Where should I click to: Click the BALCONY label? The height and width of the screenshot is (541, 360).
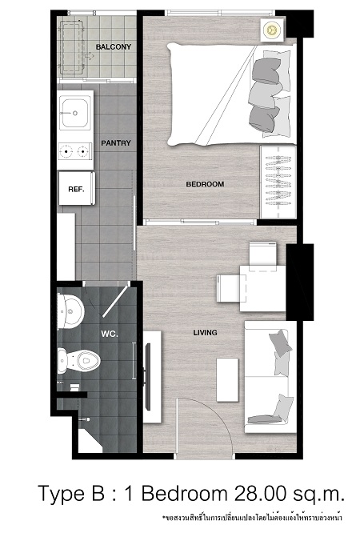(x=114, y=46)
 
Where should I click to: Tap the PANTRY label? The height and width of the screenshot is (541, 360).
(x=116, y=142)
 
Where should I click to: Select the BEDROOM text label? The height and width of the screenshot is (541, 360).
(x=205, y=184)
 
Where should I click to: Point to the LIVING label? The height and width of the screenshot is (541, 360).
(x=205, y=333)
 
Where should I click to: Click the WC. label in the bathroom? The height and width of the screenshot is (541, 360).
(x=110, y=334)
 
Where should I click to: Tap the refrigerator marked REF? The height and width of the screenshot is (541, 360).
(x=76, y=188)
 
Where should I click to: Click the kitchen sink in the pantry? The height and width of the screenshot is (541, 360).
(x=74, y=113)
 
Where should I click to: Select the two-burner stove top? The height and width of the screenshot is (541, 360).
(x=75, y=151)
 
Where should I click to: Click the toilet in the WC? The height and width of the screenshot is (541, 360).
(x=78, y=361)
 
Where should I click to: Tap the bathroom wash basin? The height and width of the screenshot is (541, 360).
(x=70, y=311)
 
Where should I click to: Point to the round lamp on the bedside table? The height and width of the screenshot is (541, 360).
(x=272, y=30)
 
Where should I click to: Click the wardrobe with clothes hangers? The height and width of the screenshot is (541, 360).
(x=278, y=182)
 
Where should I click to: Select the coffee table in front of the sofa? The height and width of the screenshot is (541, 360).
(x=227, y=380)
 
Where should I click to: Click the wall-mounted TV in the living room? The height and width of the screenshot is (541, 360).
(x=148, y=376)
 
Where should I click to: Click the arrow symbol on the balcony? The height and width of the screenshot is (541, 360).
(x=90, y=56)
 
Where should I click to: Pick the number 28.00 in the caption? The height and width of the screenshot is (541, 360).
(x=260, y=493)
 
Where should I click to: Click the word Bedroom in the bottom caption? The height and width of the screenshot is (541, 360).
(x=184, y=493)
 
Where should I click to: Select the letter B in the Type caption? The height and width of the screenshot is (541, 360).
(x=98, y=493)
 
